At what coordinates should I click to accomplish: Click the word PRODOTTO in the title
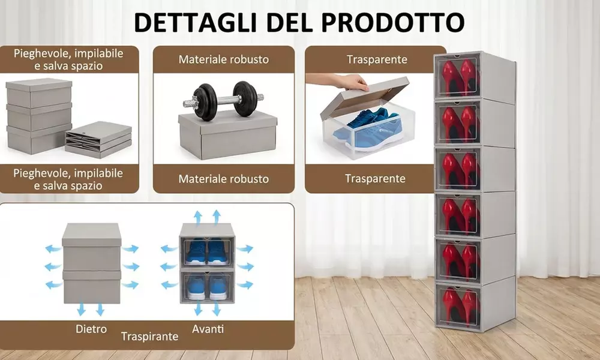[393, 22]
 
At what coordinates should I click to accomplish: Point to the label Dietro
[91, 329]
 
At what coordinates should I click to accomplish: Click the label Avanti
[208, 329]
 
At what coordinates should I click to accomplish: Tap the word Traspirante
[149, 337]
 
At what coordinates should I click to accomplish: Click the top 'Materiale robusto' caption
[224, 59]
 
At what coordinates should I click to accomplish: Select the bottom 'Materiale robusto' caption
[224, 179]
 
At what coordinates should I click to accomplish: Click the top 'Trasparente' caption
[376, 59]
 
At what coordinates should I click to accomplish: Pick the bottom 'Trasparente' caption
[376, 178]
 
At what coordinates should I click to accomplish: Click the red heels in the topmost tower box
[458, 76]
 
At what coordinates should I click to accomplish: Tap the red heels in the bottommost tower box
[458, 307]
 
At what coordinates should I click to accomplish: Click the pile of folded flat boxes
[98, 140]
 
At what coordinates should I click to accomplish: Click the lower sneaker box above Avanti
[207, 286]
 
